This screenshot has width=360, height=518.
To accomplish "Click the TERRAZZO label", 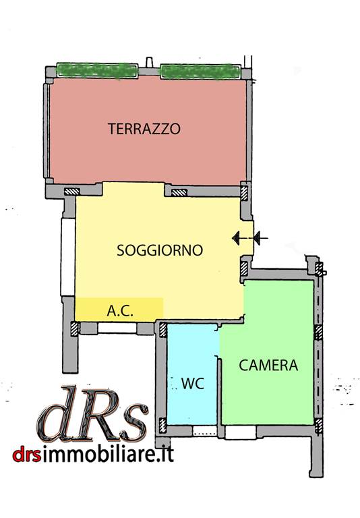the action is [144, 129].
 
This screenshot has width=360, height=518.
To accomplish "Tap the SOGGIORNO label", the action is [160, 250].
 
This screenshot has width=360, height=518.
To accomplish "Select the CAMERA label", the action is [268, 366].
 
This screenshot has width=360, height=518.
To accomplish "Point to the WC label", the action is [193, 384].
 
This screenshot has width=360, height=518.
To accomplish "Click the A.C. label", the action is [120, 311].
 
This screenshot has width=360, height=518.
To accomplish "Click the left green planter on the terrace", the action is [97, 71].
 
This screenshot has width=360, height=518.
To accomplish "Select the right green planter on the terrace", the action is [200, 71].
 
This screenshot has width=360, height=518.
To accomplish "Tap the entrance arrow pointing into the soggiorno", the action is [250, 238].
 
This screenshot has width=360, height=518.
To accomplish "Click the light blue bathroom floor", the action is [193, 374].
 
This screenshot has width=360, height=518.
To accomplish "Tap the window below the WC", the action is [205, 430].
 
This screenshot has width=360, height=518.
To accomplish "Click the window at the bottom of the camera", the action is [240, 432].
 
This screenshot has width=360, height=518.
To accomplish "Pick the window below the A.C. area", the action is [117, 328].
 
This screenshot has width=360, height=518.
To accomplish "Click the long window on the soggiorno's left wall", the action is [67, 257].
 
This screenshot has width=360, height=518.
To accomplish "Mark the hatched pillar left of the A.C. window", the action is [75, 329].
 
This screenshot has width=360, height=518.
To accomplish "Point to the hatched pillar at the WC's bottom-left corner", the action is [163, 426].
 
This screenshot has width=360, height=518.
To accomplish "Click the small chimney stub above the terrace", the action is [149, 63].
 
